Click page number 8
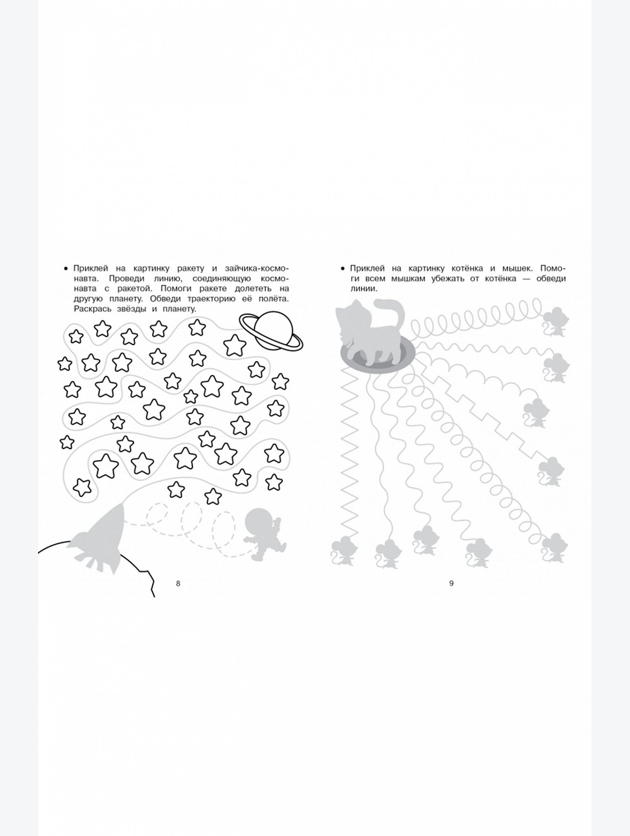pyautogui.click(x=178, y=583)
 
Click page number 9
pyautogui.click(x=451, y=583)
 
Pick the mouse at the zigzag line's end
pyautogui.click(x=343, y=551)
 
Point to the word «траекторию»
pyautogui.click(x=166, y=299)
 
